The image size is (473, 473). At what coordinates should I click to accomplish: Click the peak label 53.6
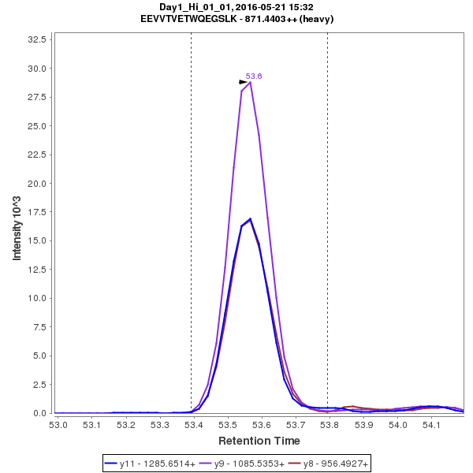(x=254, y=76)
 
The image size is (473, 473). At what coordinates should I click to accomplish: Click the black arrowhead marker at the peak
(x=244, y=82)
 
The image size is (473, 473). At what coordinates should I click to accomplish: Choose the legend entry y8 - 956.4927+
(x=331, y=464)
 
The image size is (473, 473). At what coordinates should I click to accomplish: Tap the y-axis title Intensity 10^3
(x=17, y=224)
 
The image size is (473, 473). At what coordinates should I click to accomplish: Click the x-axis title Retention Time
(x=259, y=440)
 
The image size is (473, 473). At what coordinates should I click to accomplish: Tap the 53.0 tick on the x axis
(x=58, y=425)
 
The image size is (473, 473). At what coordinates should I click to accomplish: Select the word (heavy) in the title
(x=315, y=18)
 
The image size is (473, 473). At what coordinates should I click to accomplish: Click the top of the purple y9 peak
(x=250, y=82)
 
